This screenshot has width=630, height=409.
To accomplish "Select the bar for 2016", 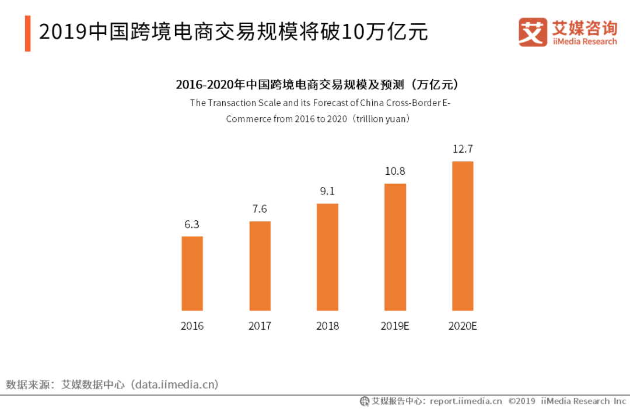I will click(x=192, y=273).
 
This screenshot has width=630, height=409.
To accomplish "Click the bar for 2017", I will click(x=260, y=266).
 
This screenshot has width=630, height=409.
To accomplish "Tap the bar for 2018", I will click(x=327, y=257).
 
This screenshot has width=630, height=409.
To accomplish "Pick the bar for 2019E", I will click(x=395, y=247).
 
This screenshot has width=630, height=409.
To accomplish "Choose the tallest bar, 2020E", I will click(x=463, y=236).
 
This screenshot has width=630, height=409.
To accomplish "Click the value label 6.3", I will click(x=192, y=224).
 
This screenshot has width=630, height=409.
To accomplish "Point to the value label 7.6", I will click(x=260, y=209).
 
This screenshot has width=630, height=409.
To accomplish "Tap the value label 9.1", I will click(x=327, y=191).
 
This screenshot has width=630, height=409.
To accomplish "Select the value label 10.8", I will click(x=395, y=171).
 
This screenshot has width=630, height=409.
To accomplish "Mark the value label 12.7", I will click(x=463, y=149).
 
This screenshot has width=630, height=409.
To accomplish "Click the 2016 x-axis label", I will click(x=192, y=326).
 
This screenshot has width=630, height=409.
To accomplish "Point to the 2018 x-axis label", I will click(x=327, y=326).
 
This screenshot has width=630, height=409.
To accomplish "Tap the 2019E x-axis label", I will click(x=395, y=326).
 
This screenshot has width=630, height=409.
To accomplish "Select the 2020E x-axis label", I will click(x=463, y=326).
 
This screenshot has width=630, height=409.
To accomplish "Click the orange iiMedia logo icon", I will click(x=533, y=32).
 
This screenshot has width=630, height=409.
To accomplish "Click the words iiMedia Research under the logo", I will click(x=584, y=41).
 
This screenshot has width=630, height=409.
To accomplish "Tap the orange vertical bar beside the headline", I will click(x=27, y=33).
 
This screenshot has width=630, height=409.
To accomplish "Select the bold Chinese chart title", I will click(x=318, y=85).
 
